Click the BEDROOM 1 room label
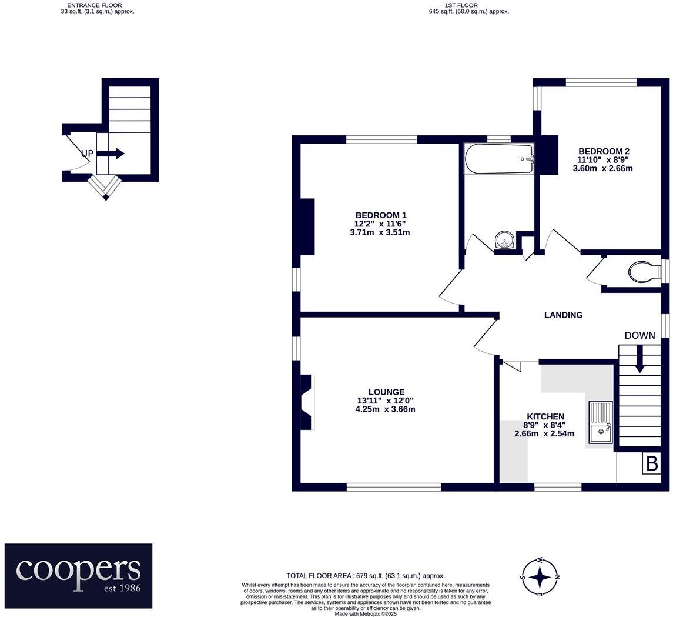click(380, 215)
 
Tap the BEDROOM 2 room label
click(603, 151)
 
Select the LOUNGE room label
click(386, 392)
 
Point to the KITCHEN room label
click(545, 416)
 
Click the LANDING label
click(563, 315)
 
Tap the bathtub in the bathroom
click(499, 159)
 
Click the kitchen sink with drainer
click(601, 422)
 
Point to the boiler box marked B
click(651, 463)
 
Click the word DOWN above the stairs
click(639, 336)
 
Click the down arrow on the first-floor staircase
click(639, 359)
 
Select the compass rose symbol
click(540, 577)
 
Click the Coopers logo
click(78, 575)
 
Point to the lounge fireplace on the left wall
click(306, 402)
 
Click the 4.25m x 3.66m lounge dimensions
click(385, 409)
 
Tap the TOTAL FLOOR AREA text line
click(365, 576)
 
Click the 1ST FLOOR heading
click(461, 5)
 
